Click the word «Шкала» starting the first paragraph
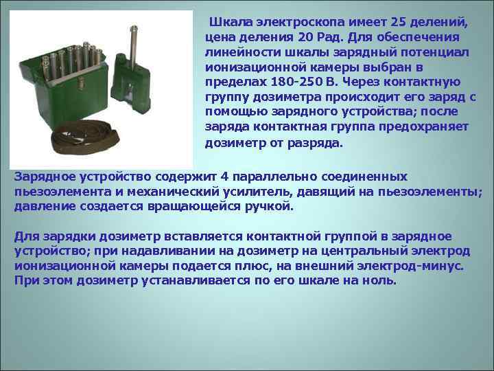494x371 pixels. [x=230, y=21]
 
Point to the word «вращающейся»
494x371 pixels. [x=207, y=205]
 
